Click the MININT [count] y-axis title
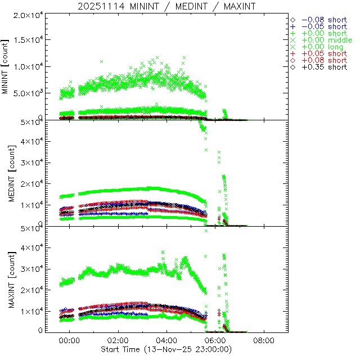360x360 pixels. pyautogui.click(x=7, y=66)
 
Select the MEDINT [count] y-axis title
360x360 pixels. pyautogui.click(x=7, y=173)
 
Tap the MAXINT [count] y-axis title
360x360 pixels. pyautogui.click(x=7, y=279)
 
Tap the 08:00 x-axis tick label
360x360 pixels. pyautogui.click(x=264, y=341)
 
